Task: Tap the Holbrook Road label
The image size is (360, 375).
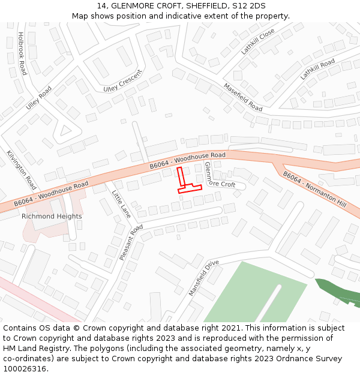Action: coord(22,53)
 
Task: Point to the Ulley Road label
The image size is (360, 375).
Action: coord(39,97)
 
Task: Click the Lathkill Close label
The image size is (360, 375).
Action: coord(258,41)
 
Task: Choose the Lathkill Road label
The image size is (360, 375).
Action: coord(317,70)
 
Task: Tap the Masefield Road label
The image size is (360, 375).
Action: coord(243,97)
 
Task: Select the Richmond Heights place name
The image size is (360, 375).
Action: coord(52,216)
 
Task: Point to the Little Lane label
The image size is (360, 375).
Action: coord(121,204)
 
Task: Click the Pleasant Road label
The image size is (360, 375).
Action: coord(131,242)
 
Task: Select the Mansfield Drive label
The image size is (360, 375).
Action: coord(204,278)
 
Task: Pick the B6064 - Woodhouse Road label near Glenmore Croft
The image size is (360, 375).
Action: coord(187,160)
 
